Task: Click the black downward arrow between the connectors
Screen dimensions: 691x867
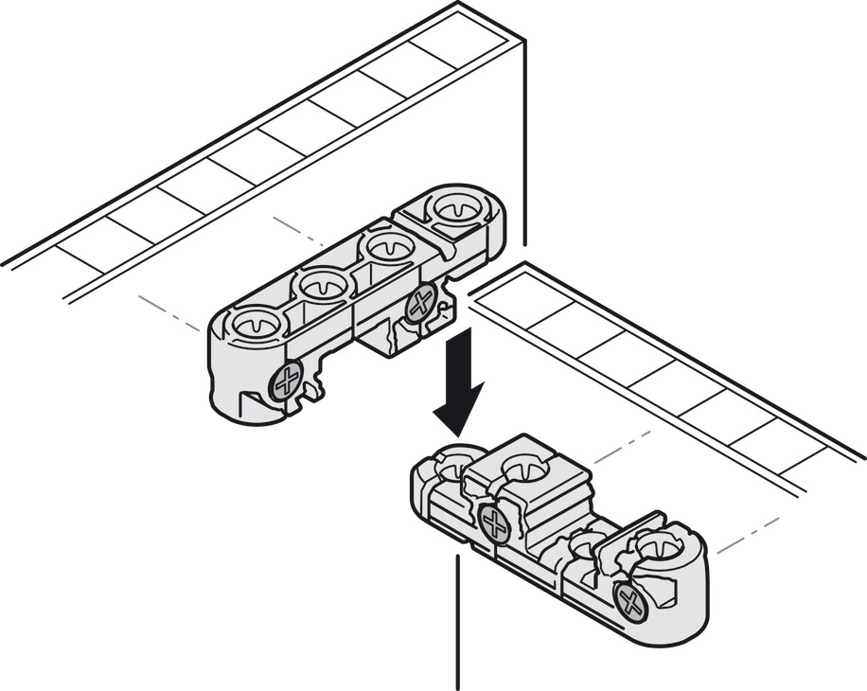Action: click(456, 383)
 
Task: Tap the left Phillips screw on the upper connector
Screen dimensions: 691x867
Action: click(286, 381)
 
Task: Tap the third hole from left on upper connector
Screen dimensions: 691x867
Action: click(388, 249)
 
